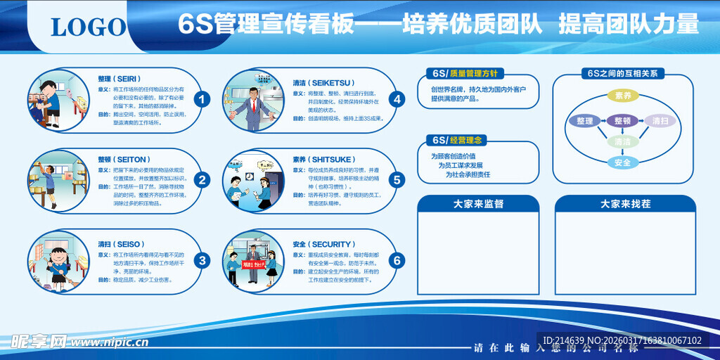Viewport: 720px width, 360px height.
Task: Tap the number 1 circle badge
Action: coord(202,99)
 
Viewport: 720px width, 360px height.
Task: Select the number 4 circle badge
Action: coord(397,99)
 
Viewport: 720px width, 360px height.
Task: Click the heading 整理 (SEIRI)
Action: coord(120,79)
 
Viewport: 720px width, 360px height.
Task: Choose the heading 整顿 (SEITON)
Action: coord(123,160)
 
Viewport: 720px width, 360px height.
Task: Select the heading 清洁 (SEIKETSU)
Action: coord(323,82)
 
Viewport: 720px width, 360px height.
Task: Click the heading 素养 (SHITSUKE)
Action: coord(323,160)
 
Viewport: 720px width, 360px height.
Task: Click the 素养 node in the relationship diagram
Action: coord(623,96)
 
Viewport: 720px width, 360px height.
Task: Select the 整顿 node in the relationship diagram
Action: coord(622,120)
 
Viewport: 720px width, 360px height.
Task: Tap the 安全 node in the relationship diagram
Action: coord(623,162)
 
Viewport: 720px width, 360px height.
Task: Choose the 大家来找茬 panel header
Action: coord(625,204)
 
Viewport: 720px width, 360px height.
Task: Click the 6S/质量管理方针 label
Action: coord(465,73)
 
